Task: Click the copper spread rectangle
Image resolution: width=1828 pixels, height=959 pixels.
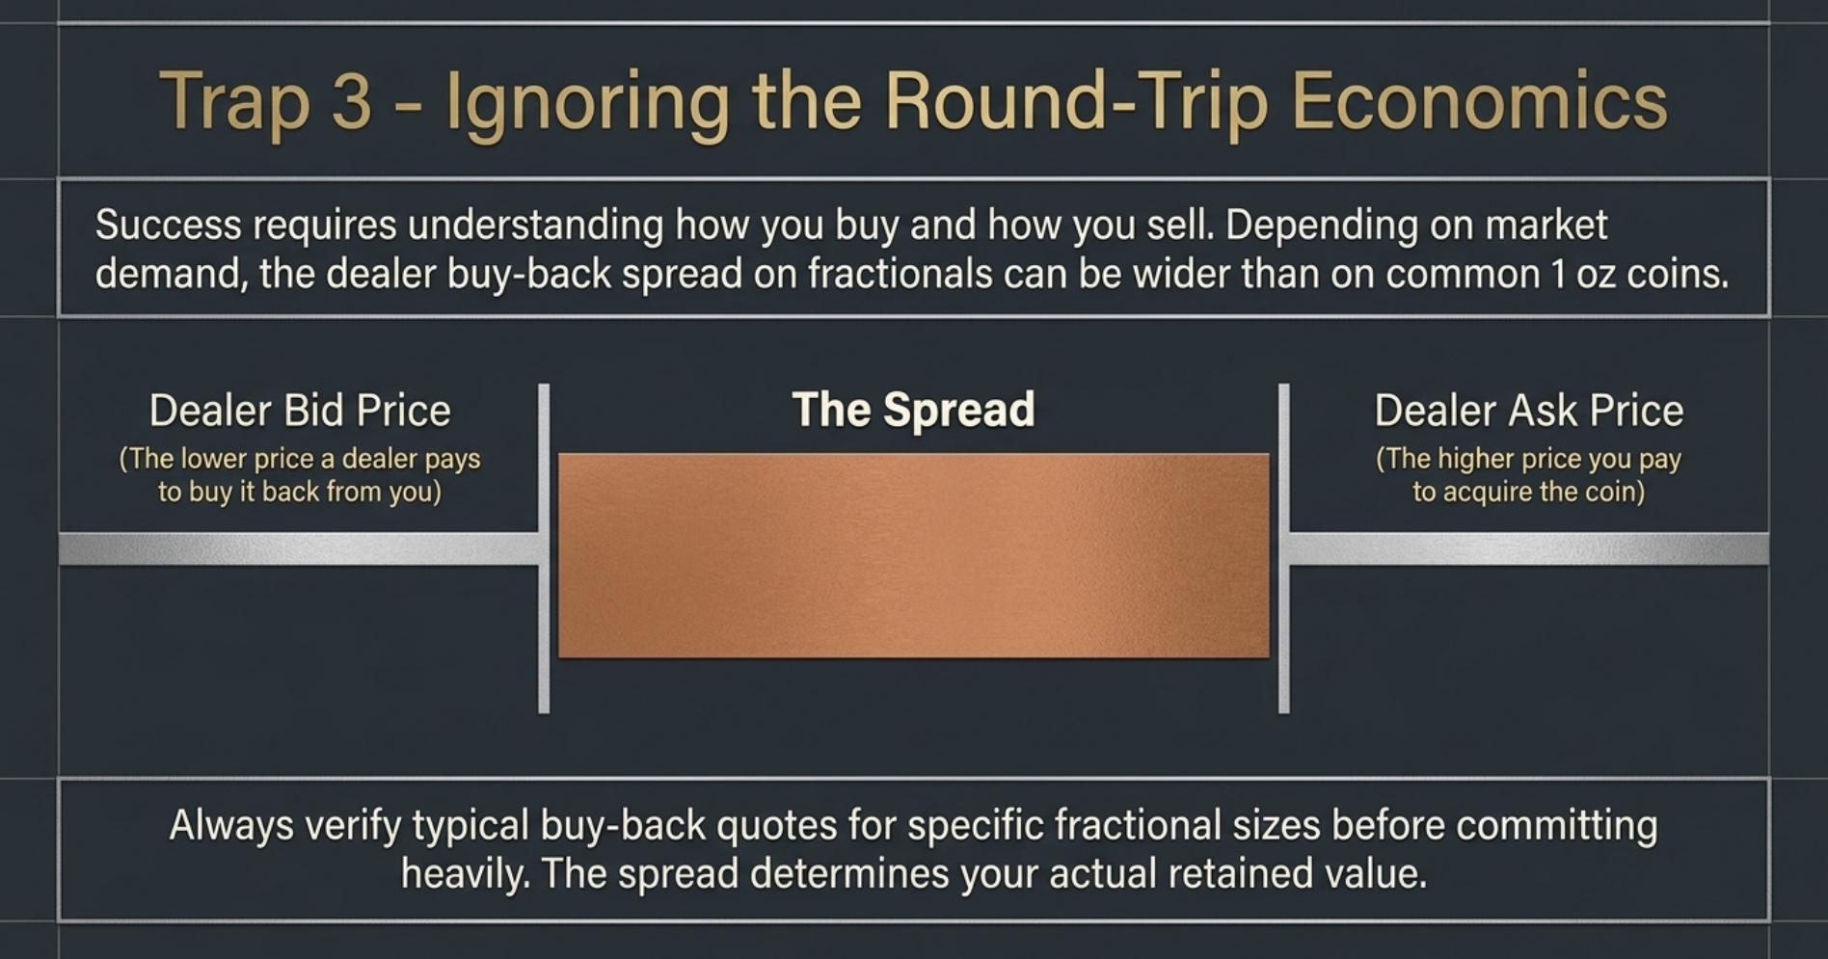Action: tap(913, 556)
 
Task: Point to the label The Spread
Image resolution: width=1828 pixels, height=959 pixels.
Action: tap(913, 410)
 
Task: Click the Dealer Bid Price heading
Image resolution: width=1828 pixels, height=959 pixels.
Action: tap(300, 411)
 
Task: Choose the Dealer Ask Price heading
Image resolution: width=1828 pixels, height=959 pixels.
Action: tap(1528, 411)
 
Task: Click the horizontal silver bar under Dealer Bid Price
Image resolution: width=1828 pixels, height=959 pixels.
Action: tap(299, 549)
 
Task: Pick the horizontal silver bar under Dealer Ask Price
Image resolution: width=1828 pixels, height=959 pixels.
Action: tap(1529, 549)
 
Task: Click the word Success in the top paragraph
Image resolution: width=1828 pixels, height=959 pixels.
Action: tap(168, 226)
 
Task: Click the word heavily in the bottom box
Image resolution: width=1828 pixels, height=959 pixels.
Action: tap(465, 874)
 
